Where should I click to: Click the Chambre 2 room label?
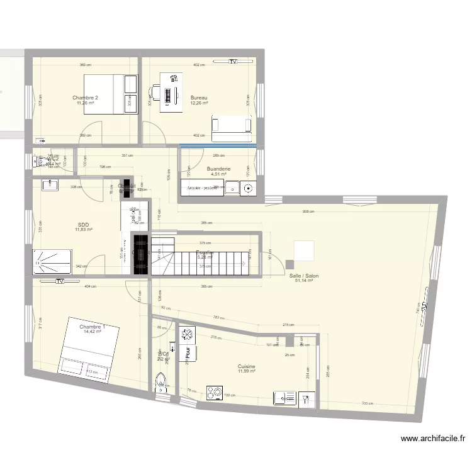(85, 98)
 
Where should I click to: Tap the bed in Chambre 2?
(111, 94)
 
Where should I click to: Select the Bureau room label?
(199, 98)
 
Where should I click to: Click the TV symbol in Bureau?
(233, 62)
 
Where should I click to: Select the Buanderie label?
(219, 169)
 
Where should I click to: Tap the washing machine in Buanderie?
(247, 188)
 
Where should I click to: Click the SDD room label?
(83, 225)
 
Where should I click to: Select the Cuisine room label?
(246, 366)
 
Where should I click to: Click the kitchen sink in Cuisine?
(284, 397)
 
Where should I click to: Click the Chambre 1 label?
(91, 327)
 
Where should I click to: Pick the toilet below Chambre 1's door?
(162, 383)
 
